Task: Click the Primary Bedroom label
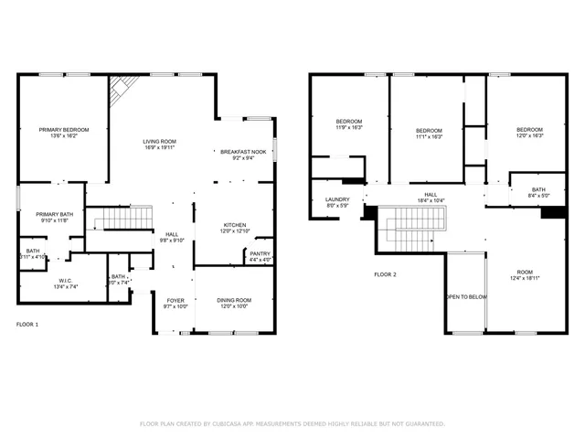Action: tap(63, 130)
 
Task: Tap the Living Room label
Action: tap(158, 141)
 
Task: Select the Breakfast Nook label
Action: tap(242, 152)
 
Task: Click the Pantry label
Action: tap(261, 253)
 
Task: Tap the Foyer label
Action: tap(175, 300)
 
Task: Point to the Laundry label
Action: tap(337, 198)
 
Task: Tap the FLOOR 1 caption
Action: tap(28, 325)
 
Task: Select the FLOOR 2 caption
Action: tap(386, 274)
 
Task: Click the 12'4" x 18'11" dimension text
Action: tap(524, 277)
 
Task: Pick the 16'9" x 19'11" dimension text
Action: tap(158, 146)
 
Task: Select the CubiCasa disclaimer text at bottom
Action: tap(292, 424)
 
